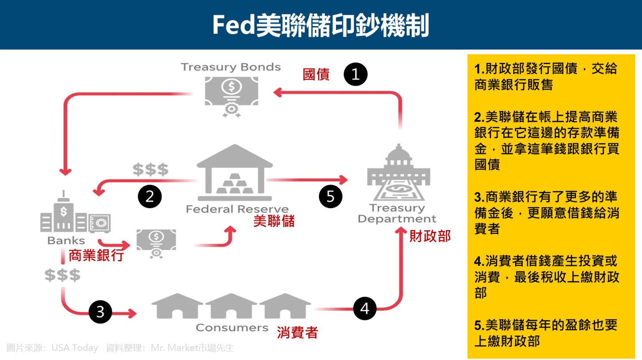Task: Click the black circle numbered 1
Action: point(355,74)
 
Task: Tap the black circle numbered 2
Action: point(150,197)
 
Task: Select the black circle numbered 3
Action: point(100,312)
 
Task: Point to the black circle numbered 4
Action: point(365,308)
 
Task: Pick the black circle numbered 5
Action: point(330,196)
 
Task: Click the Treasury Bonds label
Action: point(231,67)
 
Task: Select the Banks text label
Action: point(66,240)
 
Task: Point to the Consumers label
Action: point(232,328)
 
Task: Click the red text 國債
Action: point(316,74)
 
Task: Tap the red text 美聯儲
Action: point(274,221)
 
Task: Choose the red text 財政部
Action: point(430,236)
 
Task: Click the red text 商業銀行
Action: point(96,255)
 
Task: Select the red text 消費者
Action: point(297,332)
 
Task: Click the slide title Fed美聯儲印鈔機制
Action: point(321,25)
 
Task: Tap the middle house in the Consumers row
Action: point(231,306)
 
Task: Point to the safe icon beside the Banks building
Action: point(100,223)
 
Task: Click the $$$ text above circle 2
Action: point(150,169)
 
